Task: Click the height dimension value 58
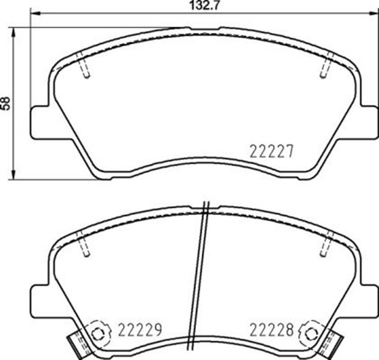(x=7, y=102)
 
